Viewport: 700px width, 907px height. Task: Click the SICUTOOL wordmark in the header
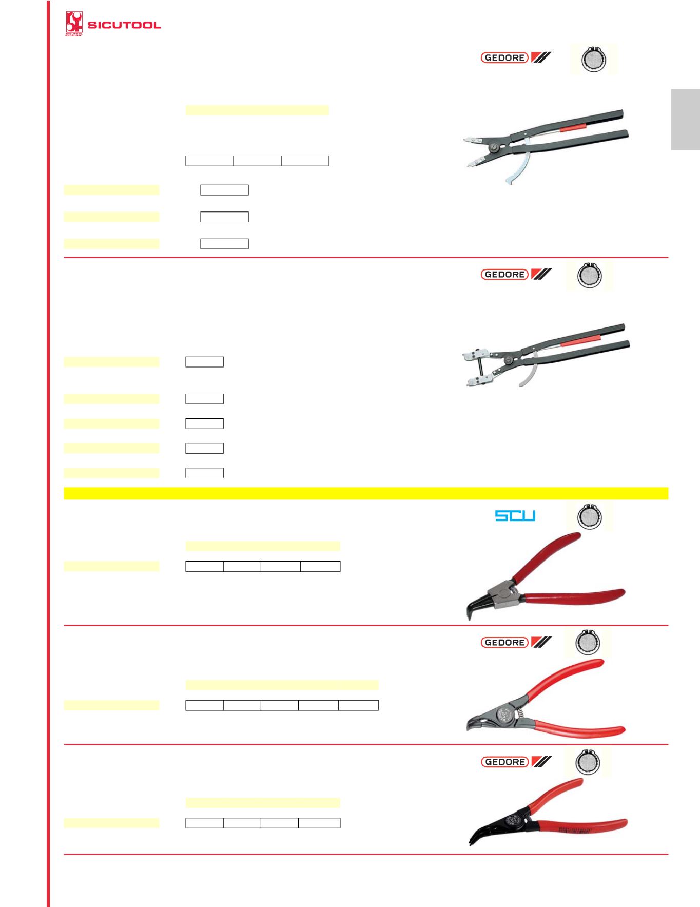pos(124,25)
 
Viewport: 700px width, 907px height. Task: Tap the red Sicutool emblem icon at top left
pos(73,24)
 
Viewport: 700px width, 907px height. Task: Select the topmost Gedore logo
pos(516,57)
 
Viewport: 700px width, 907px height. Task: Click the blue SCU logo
pos(515,515)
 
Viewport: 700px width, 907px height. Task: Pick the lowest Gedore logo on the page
pos(516,762)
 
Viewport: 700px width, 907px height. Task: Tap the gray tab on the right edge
pos(685,120)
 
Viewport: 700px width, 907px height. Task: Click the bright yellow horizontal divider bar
pos(365,493)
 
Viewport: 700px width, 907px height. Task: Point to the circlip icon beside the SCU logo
pos(588,516)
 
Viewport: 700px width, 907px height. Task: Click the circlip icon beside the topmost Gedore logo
pos(593,60)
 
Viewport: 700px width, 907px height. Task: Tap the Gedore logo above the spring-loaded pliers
pos(516,642)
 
